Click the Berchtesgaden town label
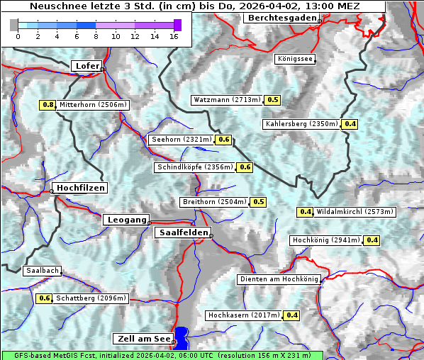point(281,17)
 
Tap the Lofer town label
point(87,66)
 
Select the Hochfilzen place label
point(80,188)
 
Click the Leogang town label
point(127,220)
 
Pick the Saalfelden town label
point(182,232)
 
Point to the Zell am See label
point(143,339)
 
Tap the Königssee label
point(295,59)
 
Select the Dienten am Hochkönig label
point(279,279)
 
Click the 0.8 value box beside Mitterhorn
point(48,105)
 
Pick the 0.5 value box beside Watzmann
point(272,100)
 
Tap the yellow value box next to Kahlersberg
point(350,124)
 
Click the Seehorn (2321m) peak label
point(182,140)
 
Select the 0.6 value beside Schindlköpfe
point(245,167)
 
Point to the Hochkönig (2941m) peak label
point(326,240)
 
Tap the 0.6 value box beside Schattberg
point(44,298)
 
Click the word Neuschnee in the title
point(55,6)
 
